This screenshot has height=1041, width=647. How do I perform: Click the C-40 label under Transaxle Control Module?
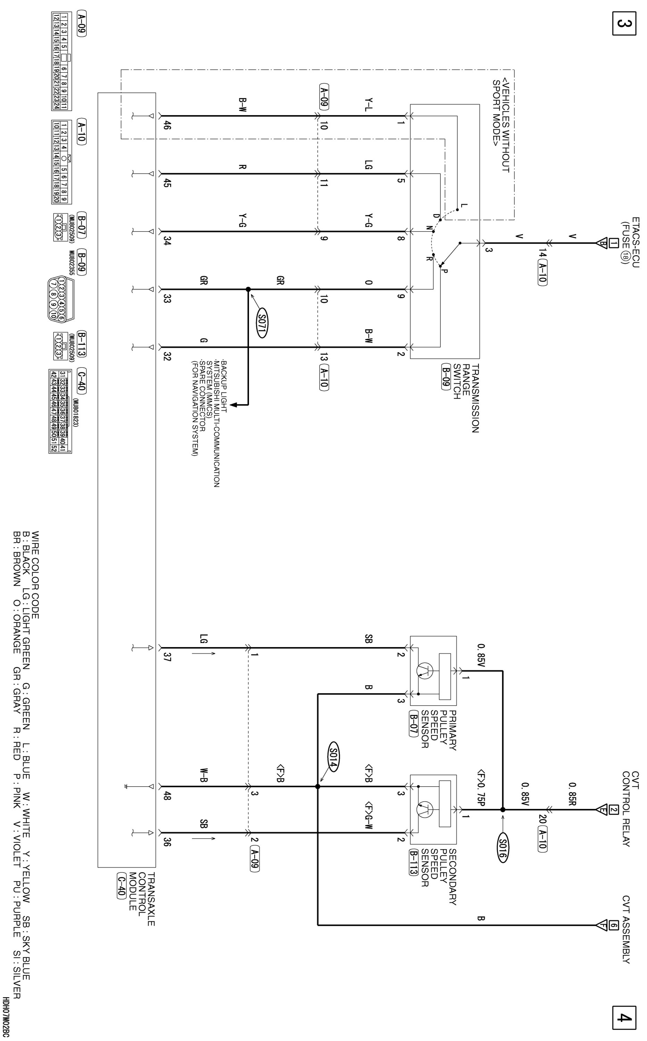121,884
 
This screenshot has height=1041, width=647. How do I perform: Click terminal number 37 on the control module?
167,656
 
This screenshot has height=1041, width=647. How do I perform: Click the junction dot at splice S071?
248,289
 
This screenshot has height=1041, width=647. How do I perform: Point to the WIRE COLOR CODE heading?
35,575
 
